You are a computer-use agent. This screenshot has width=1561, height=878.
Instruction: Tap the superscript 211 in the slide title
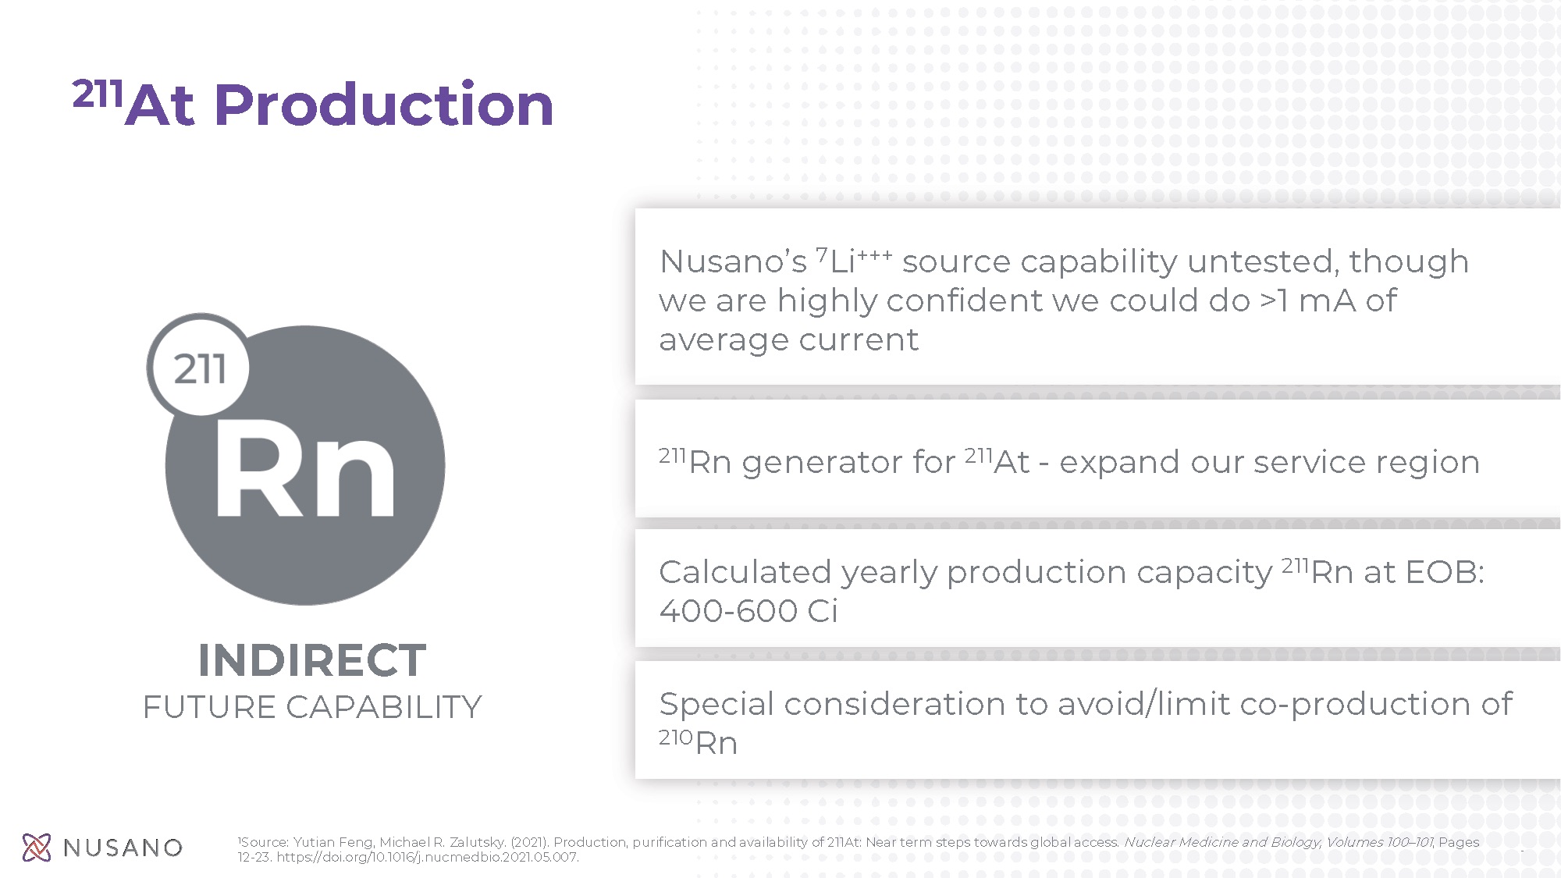(98, 94)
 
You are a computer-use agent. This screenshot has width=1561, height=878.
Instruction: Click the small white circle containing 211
(198, 367)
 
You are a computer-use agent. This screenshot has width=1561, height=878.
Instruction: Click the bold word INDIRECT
(312, 660)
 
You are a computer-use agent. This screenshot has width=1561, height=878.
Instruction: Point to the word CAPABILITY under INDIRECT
(384, 707)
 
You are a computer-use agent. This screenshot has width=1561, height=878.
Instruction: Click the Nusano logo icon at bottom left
(37, 848)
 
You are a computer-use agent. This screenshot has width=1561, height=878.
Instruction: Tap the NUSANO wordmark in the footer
(123, 848)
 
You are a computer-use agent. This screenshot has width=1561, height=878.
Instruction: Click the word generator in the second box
(848, 463)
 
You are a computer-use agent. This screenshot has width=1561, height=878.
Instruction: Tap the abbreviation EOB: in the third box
(1445, 572)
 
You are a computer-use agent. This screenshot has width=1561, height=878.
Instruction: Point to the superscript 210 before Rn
(676, 737)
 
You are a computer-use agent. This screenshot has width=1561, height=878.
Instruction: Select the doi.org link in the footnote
(428, 857)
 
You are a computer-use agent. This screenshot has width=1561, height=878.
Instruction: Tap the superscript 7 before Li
(822, 254)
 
